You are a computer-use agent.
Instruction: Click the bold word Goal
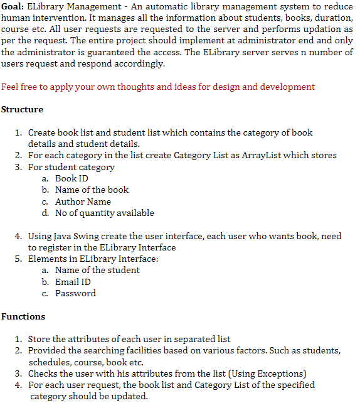click(x=12, y=6)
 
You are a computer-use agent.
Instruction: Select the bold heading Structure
click(x=22, y=110)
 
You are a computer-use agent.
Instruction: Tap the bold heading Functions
click(x=23, y=317)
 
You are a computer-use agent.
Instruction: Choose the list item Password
click(x=75, y=294)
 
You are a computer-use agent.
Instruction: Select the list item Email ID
click(x=73, y=282)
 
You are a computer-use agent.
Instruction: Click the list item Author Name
click(x=83, y=201)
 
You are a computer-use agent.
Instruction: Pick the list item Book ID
click(x=71, y=178)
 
